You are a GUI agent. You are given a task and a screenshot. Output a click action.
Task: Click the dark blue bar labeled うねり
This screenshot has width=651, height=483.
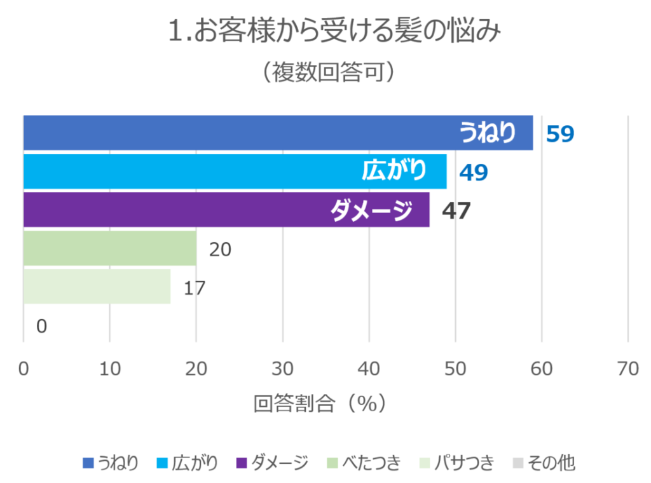tap(278, 133)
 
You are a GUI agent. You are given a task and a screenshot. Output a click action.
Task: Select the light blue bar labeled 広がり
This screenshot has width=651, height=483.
tap(235, 171)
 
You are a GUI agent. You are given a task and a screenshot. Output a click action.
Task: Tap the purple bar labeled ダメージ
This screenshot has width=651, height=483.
tap(226, 210)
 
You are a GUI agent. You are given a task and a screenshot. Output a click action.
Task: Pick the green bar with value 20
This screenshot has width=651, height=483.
tap(110, 248)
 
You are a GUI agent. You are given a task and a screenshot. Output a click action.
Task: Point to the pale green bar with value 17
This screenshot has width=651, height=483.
tap(97, 287)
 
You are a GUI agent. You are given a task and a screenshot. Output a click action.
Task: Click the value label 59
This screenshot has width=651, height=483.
tap(560, 133)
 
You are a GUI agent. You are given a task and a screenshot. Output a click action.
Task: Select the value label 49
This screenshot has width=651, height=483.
tap(474, 172)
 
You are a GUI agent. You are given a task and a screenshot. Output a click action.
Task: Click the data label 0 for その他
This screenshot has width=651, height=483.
tap(41, 327)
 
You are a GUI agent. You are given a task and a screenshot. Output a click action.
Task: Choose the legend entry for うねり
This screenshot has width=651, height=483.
tap(111, 463)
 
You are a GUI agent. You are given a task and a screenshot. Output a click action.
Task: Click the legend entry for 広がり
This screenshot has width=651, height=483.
tap(188, 463)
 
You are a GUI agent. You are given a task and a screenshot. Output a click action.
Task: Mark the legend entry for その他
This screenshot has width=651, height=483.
tap(544, 463)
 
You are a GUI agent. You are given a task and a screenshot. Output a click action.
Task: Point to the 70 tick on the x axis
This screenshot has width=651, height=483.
tap(627, 369)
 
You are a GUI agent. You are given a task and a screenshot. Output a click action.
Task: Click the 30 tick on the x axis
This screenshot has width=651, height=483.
tap(282, 369)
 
